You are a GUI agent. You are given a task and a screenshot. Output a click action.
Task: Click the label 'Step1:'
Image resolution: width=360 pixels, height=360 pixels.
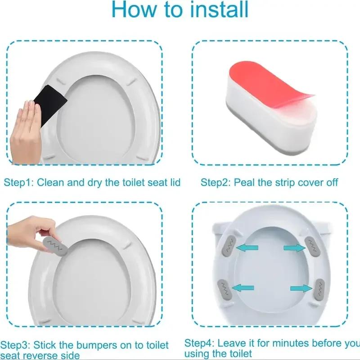(x=19, y=182)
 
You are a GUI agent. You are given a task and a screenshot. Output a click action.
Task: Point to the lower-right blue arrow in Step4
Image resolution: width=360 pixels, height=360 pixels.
(x=300, y=288)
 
